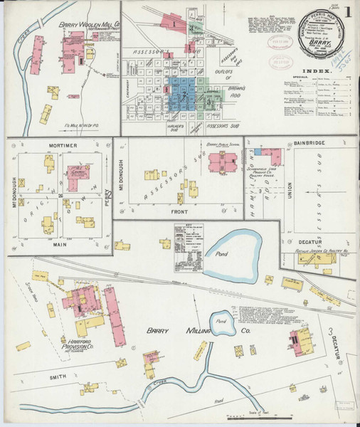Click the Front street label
pyautogui.click(x=181, y=211)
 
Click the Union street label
pyautogui.click(x=290, y=189)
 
